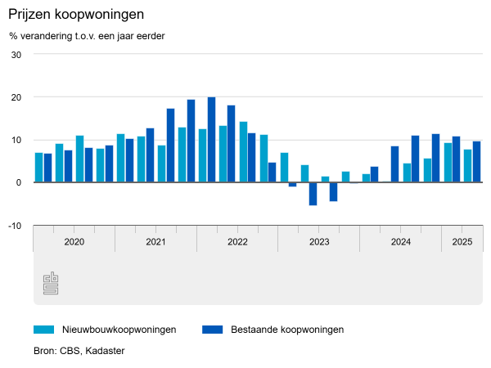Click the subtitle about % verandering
point(87,36)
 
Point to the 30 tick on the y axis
point(16,55)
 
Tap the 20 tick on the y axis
point(16,97)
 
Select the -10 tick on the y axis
point(16,225)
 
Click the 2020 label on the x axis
point(74,242)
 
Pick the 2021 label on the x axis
point(155,242)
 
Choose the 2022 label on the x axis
point(237,242)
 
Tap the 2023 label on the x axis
point(319,242)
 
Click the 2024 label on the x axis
point(401,242)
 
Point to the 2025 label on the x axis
point(462,242)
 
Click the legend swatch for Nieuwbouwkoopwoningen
point(43,330)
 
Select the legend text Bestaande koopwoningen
point(286,330)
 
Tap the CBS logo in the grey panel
point(51,283)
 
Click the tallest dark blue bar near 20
point(211,140)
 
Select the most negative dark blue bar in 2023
point(313,194)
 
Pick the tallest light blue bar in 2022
point(243,151)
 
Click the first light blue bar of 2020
point(38,168)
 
